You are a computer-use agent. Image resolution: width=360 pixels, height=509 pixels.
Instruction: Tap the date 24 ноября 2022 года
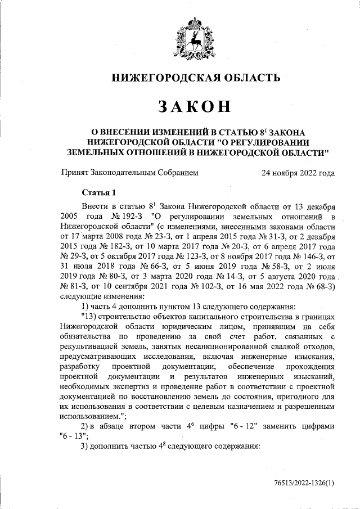point(298,173)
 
